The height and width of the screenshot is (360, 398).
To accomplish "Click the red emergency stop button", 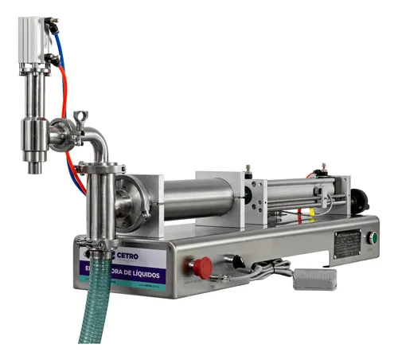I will click(x=202, y=267).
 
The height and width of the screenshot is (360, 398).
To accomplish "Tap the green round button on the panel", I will click(x=372, y=237).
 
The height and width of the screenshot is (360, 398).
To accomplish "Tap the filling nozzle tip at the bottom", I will click(x=36, y=167).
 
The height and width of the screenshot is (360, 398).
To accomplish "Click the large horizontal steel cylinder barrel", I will click(x=198, y=200).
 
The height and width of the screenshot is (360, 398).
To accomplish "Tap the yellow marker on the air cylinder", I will click(x=311, y=214).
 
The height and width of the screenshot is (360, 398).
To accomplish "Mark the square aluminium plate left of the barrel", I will click(x=151, y=203).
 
